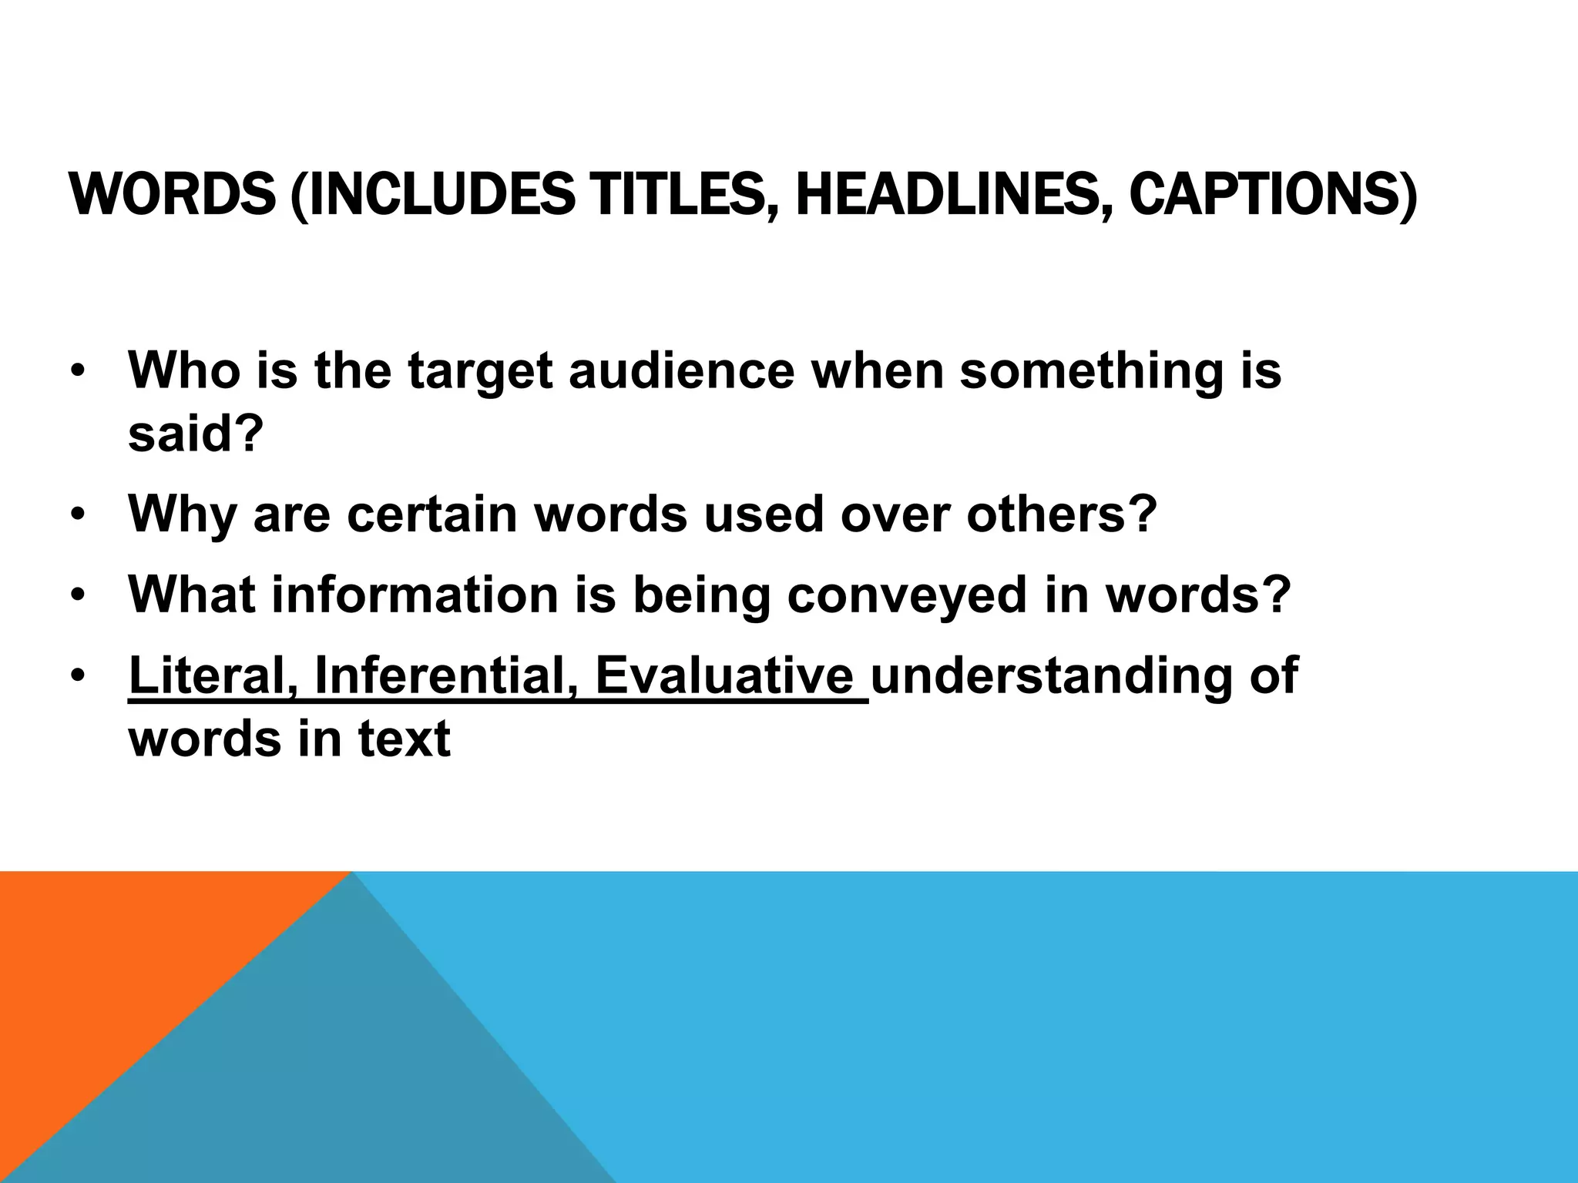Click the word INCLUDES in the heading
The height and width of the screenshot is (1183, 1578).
(438, 194)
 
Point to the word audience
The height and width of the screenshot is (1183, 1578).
(681, 370)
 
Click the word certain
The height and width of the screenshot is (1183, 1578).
(432, 514)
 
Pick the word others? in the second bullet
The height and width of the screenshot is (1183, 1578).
(1062, 514)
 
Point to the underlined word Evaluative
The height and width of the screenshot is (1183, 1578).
(724, 675)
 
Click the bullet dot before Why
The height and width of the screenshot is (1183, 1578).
(77, 515)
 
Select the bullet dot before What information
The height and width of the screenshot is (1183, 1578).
(77, 595)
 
